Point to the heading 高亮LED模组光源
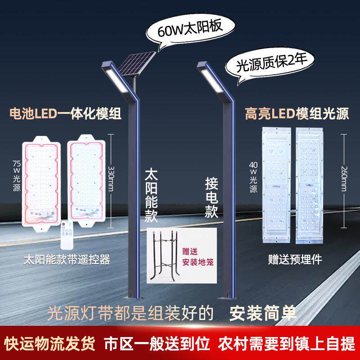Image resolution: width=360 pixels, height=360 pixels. (297, 113)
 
